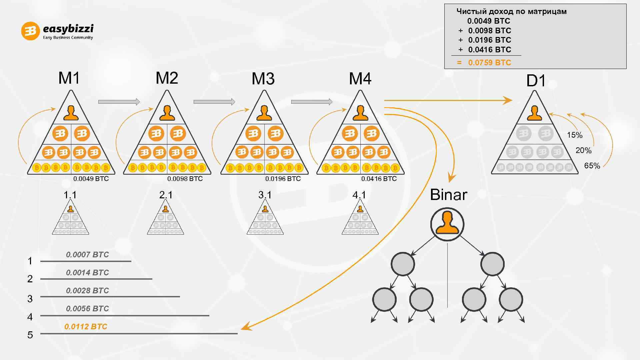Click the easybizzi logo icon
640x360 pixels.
(30, 31)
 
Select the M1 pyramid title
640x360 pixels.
(69, 78)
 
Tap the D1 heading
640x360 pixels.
(536, 81)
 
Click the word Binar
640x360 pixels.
(449, 195)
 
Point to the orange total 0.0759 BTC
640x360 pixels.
(489, 63)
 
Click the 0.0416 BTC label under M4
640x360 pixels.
(379, 179)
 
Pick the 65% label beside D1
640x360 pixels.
(592, 166)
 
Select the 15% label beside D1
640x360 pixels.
(575, 135)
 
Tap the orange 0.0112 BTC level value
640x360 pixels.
(86, 327)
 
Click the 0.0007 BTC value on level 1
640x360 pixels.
(87, 255)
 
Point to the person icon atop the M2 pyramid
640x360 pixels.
(167, 113)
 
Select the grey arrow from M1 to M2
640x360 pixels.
(119, 102)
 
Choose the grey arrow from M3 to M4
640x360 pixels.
(312, 102)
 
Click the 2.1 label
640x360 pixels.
(166, 195)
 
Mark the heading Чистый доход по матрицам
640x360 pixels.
(511, 12)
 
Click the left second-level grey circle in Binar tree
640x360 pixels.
(403, 264)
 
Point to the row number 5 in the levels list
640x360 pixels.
(30, 335)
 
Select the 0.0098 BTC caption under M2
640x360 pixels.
(185, 179)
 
